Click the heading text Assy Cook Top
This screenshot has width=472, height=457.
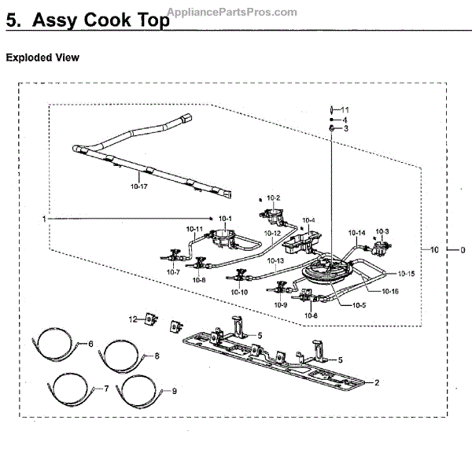[x=100, y=21]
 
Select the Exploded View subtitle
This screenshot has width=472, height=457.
[x=42, y=58]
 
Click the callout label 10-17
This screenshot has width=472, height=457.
[x=139, y=186]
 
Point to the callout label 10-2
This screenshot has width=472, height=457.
[x=274, y=197]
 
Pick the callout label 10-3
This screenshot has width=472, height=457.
[x=382, y=231]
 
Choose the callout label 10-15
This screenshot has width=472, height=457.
[x=406, y=274]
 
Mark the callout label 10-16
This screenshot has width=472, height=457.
[x=390, y=291]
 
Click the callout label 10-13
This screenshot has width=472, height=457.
[x=275, y=260]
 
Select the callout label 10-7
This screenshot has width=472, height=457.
[x=173, y=272]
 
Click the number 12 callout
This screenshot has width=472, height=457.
[x=133, y=319]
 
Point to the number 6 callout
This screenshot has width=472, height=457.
[x=90, y=344]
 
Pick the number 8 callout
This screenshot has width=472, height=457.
[x=157, y=356]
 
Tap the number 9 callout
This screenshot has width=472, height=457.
[x=175, y=391]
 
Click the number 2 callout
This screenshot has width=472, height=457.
[x=377, y=383]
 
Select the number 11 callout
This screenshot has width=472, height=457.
[x=345, y=109]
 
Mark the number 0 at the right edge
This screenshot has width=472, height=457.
[x=463, y=249]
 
